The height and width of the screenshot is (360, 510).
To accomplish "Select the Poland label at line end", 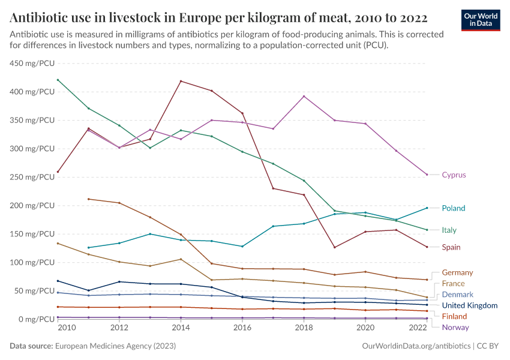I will click(454, 208).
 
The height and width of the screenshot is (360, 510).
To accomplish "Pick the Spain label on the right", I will click(452, 247).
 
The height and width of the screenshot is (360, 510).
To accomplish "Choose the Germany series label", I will click(457, 272).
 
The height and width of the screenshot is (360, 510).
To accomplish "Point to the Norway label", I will click(455, 328).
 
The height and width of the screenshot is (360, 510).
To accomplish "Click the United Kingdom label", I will click(470, 305).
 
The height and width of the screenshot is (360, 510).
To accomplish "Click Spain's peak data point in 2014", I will click(181, 81).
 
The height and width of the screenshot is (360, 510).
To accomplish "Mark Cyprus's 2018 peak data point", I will click(304, 96).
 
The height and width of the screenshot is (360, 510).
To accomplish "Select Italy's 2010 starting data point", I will click(58, 80).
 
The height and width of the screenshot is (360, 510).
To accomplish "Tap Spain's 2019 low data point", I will click(335, 247).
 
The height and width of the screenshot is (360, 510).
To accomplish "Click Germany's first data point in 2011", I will click(88, 199).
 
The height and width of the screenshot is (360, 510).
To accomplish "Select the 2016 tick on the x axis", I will click(242, 328).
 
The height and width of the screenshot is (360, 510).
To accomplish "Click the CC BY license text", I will click(490, 346).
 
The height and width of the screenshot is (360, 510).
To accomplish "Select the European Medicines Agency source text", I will click(115, 346).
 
